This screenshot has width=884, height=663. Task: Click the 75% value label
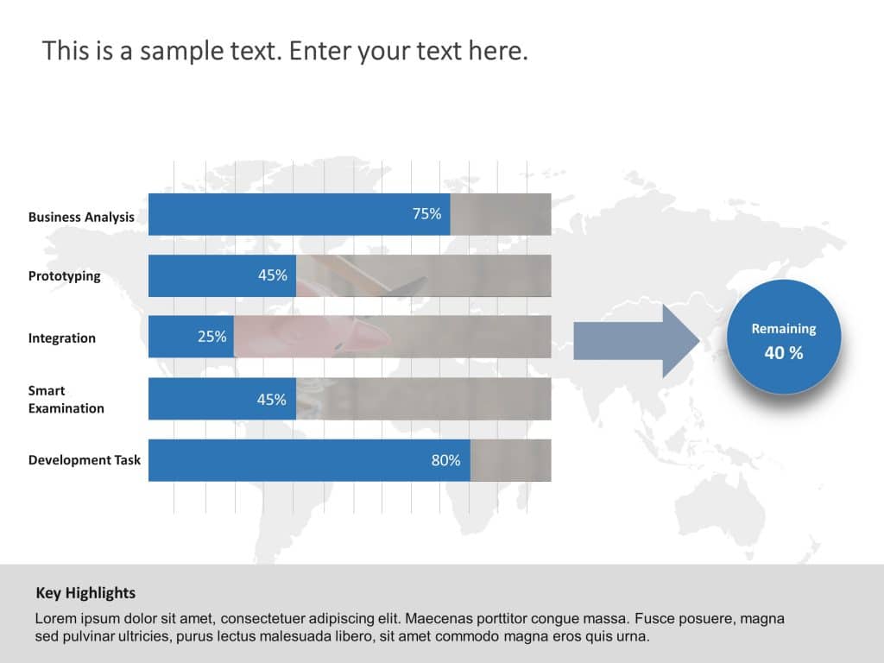click(x=426, y=214)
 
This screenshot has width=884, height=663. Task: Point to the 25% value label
click(x=212, y=337)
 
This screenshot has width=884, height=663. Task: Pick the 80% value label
click(x=445, y=460)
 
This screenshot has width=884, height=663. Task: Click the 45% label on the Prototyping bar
click(x=272, y=275)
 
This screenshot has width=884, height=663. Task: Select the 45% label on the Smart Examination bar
click(x=272, y=399)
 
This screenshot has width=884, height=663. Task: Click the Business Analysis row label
click(x=81, y=217)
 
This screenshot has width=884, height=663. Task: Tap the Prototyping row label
click(x=64, y=276)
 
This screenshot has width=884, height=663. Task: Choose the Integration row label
click(x=61, y=338)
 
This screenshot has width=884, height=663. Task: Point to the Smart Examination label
click(x=66, y=399)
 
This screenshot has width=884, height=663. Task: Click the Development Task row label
click(x=84, y=460)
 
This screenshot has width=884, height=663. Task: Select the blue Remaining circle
click(x=783, y=338)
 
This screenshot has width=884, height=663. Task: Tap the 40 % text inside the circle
click(x=783, y=352)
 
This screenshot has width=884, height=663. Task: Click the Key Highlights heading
click(x=85, y=593)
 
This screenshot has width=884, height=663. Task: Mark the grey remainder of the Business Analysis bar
click(x=501, y=214)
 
